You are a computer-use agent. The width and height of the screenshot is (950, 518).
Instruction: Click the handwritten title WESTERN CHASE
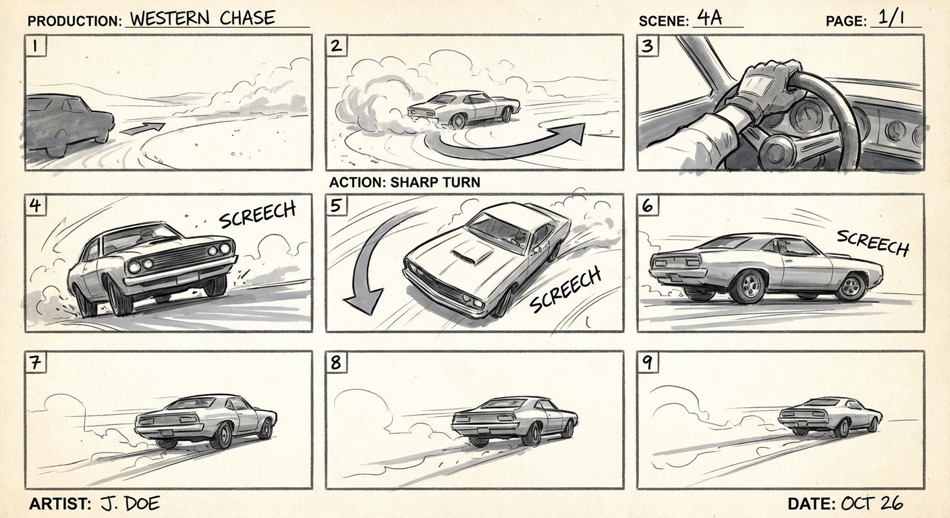(x=202, y=18)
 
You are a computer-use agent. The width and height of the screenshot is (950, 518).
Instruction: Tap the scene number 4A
(x=709, y=18)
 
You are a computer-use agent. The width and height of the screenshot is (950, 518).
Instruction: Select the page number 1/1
(x=887, y=19)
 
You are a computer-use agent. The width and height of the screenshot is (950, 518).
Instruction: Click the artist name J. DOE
(x=130, y=503)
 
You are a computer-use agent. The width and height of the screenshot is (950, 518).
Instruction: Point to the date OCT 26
(x=871, y=503)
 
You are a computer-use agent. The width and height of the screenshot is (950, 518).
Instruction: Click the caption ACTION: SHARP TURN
(x=404, y=182)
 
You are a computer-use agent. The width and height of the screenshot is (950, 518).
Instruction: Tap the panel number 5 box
(x=336, y=205)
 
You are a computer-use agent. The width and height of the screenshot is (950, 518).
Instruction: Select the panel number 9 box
(x=647, y=362)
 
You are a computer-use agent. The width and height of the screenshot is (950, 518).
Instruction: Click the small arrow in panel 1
(x=143, y=129)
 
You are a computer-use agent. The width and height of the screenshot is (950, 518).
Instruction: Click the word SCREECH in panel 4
(x=258, y=214)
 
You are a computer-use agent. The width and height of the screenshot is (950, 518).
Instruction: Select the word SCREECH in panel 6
(x=872, y=242)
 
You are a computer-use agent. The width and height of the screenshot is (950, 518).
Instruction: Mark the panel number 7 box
(x=34, y=362)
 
